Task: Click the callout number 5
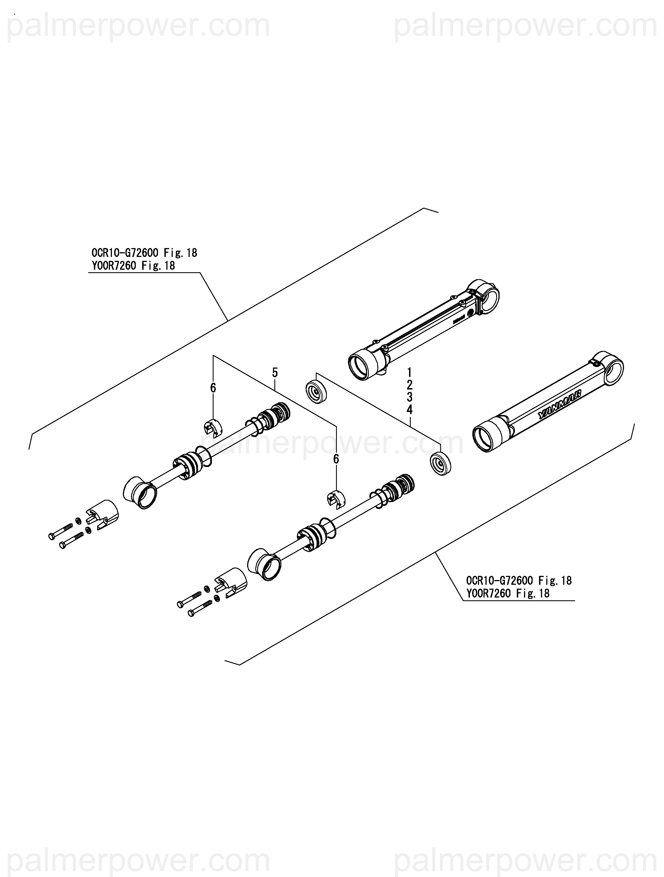click(x=275, y=373)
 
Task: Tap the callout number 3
click(x=410, y=397)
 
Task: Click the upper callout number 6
click(x=213, y=388)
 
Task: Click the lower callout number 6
click(x=336, y=459)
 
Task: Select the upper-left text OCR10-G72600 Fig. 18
click(x=144, y=253)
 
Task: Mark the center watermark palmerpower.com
click(x=332, y=443)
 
